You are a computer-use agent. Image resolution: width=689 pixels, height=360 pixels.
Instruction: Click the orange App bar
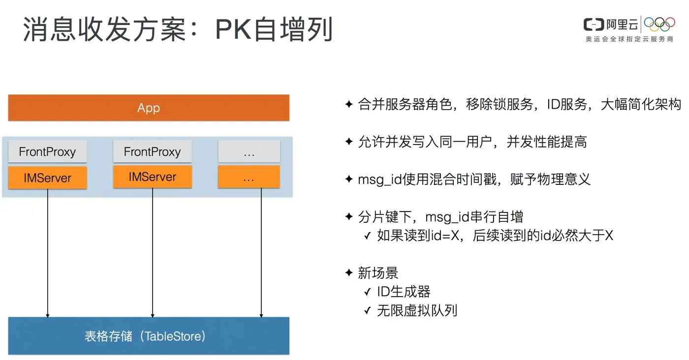[149, 108]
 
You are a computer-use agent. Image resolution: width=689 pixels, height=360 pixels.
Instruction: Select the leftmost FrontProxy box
[47, 151]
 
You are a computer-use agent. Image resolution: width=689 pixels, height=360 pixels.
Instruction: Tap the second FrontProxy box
[152, 151]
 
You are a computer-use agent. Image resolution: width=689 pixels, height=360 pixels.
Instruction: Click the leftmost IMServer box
[47, 178]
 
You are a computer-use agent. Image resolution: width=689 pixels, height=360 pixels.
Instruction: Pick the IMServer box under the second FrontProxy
[152, 177]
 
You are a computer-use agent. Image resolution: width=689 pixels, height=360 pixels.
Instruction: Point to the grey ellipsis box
[249, 151]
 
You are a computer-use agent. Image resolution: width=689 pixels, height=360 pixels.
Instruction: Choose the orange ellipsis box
[249, 177]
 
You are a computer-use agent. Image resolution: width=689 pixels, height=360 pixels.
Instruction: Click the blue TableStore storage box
[149, 336]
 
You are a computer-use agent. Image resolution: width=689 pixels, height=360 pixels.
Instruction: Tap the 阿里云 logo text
[622, 24]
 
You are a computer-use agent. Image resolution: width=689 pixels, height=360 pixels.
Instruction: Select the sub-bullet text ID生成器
[404, 292]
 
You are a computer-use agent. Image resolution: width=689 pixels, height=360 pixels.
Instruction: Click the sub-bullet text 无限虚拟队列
[417, 310]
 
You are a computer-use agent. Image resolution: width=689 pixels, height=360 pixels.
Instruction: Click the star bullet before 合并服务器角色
[349, 104]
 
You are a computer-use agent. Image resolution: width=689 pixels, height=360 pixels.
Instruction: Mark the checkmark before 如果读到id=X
[367, 236]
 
